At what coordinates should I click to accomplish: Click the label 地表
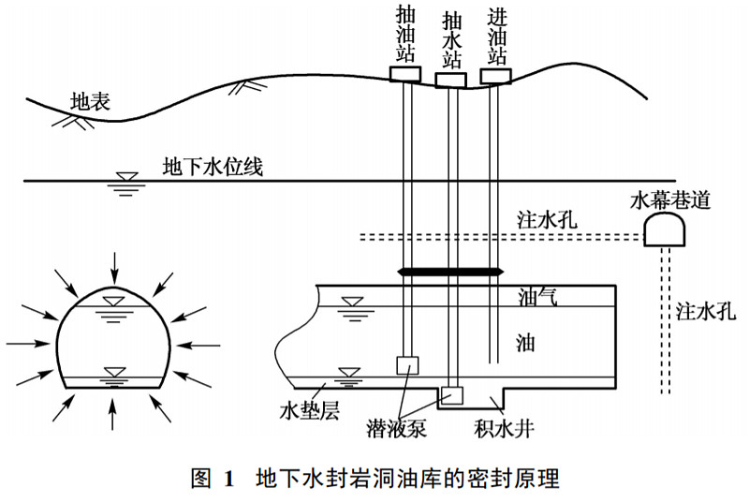click(x=91, y=100)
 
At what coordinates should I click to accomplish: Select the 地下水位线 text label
click(x=213, y=168)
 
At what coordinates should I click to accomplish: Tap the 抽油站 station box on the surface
click(x=405, y=73)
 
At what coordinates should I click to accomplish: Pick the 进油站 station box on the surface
click(x=495, y=74)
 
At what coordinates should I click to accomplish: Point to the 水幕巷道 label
click(x=669, y=199)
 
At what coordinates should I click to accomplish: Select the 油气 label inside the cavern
click(x=538, y=298)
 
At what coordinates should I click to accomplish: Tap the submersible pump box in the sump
click(x=452, y=394)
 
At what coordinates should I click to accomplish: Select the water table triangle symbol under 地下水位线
click(x=122, y=181)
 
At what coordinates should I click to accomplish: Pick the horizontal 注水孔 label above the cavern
click(x=547, y=221)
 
